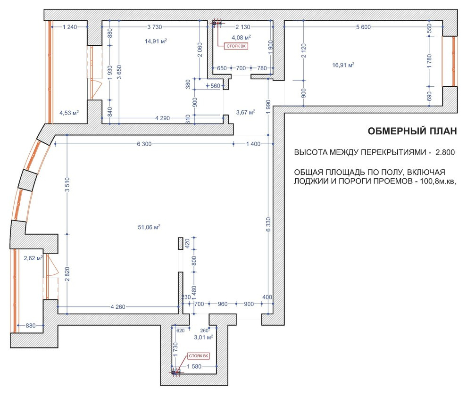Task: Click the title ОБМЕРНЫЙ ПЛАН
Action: tap(412, 131)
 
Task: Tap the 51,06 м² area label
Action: tap(149, 227)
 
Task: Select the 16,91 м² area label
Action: tap(343, 65)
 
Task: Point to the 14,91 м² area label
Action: tap(156, 41)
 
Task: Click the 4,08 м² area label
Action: tap(241, 38)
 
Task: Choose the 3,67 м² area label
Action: tap(246, 112)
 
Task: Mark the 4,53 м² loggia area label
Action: tap(69, 113)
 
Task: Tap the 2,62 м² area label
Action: tap(33, 258)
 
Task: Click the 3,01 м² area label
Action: tap(203, 338)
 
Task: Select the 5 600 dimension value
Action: tap(363, 27)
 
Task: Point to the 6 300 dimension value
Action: tap(144, 144)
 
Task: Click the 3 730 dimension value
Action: tap(155, 27)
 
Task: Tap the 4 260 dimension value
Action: tap(118, 307)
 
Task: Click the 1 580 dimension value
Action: tap(194, 366)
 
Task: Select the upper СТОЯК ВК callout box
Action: tap(236, 46)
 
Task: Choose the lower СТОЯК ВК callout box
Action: tap(199, 356)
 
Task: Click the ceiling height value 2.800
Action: tap(445, 152)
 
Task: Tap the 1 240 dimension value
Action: tap(70, 27)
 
